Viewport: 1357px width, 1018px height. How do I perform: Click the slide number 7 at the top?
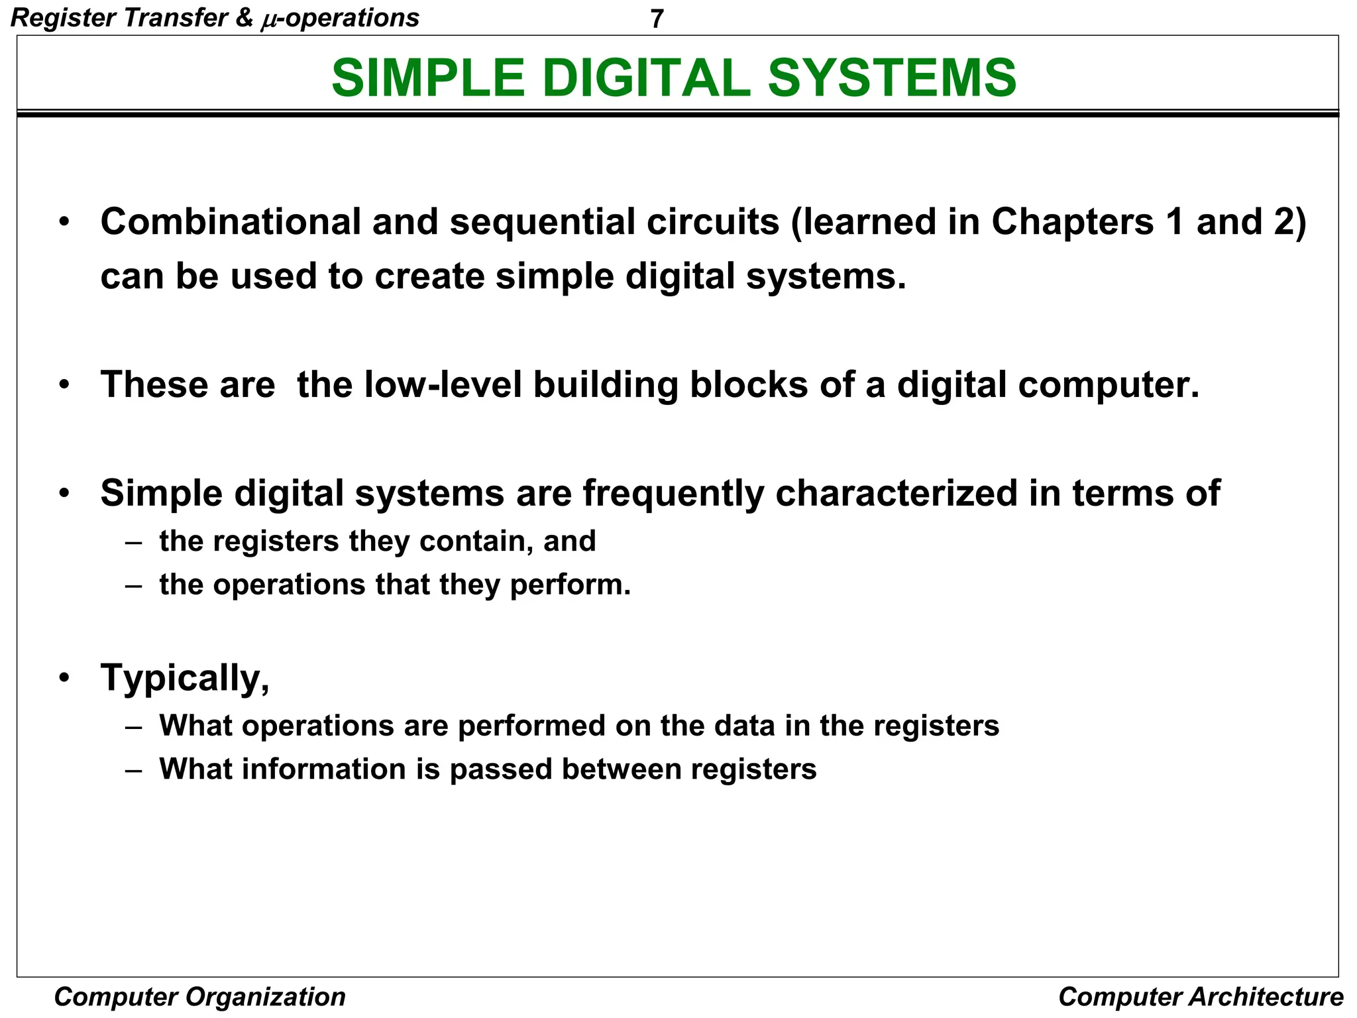[x=656, y=19]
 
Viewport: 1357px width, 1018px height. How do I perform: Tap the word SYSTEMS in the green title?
[x=892, y=78]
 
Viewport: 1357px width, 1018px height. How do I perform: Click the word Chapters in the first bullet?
[x=1073, y=221]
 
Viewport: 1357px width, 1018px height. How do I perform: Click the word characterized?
[x=896, y=493]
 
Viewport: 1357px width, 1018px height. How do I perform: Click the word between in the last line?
[x=621, y=769]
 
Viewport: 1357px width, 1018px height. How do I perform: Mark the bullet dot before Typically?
[x=64, y=678]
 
